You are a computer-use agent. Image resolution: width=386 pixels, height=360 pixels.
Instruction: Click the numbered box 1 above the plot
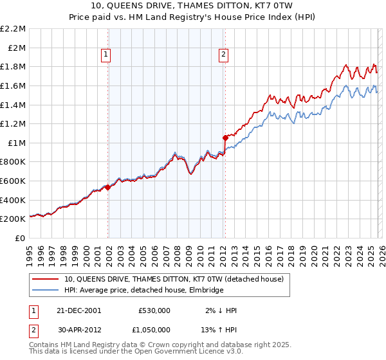click(x=107, y=55)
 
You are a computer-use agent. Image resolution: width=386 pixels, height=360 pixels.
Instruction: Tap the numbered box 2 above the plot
click(x=223, y=55)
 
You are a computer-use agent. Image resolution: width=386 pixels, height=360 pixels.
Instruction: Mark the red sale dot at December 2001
click(x=108, y=187)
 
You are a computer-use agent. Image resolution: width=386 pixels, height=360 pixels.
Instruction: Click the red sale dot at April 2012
click(x=225, y=138)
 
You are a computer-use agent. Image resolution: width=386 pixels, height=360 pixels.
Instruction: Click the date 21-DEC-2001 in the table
click(x=78, y=310)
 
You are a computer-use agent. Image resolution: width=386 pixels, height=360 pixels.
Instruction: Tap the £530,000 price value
click(x=154, y=310)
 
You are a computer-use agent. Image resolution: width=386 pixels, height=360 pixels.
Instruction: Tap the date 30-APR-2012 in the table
click(x=78, y=328)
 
